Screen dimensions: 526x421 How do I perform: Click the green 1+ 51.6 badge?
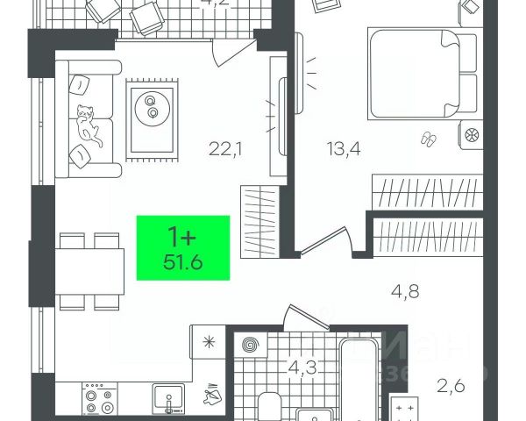pos(183,247)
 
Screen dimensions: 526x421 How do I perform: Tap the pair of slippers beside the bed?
pos(430,138)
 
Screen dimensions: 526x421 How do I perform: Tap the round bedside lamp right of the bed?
pos(469,136)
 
